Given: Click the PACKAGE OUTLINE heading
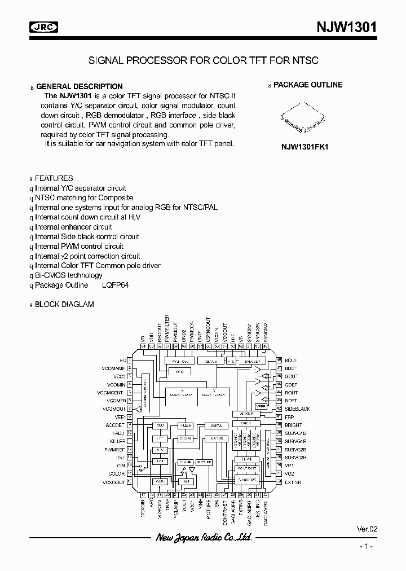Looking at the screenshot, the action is [308, 85].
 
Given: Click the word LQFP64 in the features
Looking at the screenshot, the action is [116, 285].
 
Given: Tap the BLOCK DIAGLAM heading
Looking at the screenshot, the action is [64, 304].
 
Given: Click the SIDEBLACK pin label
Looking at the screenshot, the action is [297, 409].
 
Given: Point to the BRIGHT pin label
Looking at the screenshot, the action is [293, 425].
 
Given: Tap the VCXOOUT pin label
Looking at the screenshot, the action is [113, 482].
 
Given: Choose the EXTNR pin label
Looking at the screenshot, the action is [293, 482].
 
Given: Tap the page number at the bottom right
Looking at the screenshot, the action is [367, 547].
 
